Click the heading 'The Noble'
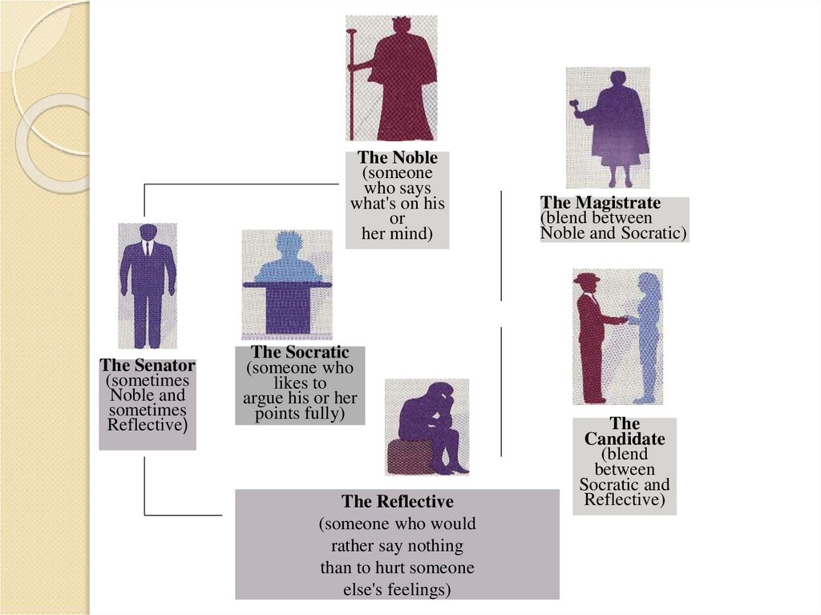[397, 158]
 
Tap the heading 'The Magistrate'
[601, 203]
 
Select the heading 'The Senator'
[148, 366]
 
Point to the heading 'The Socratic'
[300, 352]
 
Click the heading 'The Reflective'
[397, 502]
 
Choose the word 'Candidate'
[625, 439]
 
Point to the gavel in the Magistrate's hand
[574, 104]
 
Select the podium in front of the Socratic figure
[287, 305]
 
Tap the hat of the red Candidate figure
[586, 278]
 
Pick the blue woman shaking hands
[647, 337]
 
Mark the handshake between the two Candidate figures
[628, 320]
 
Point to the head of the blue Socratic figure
[288, 243]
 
